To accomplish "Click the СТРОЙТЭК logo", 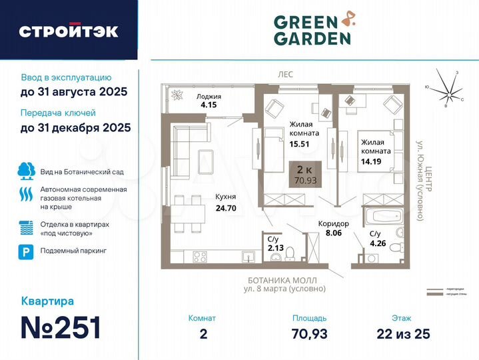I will (x=69, y=31).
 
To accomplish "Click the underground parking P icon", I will (x=25, y=251).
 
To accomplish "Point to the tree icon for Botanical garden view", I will (x=25, y=171).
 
